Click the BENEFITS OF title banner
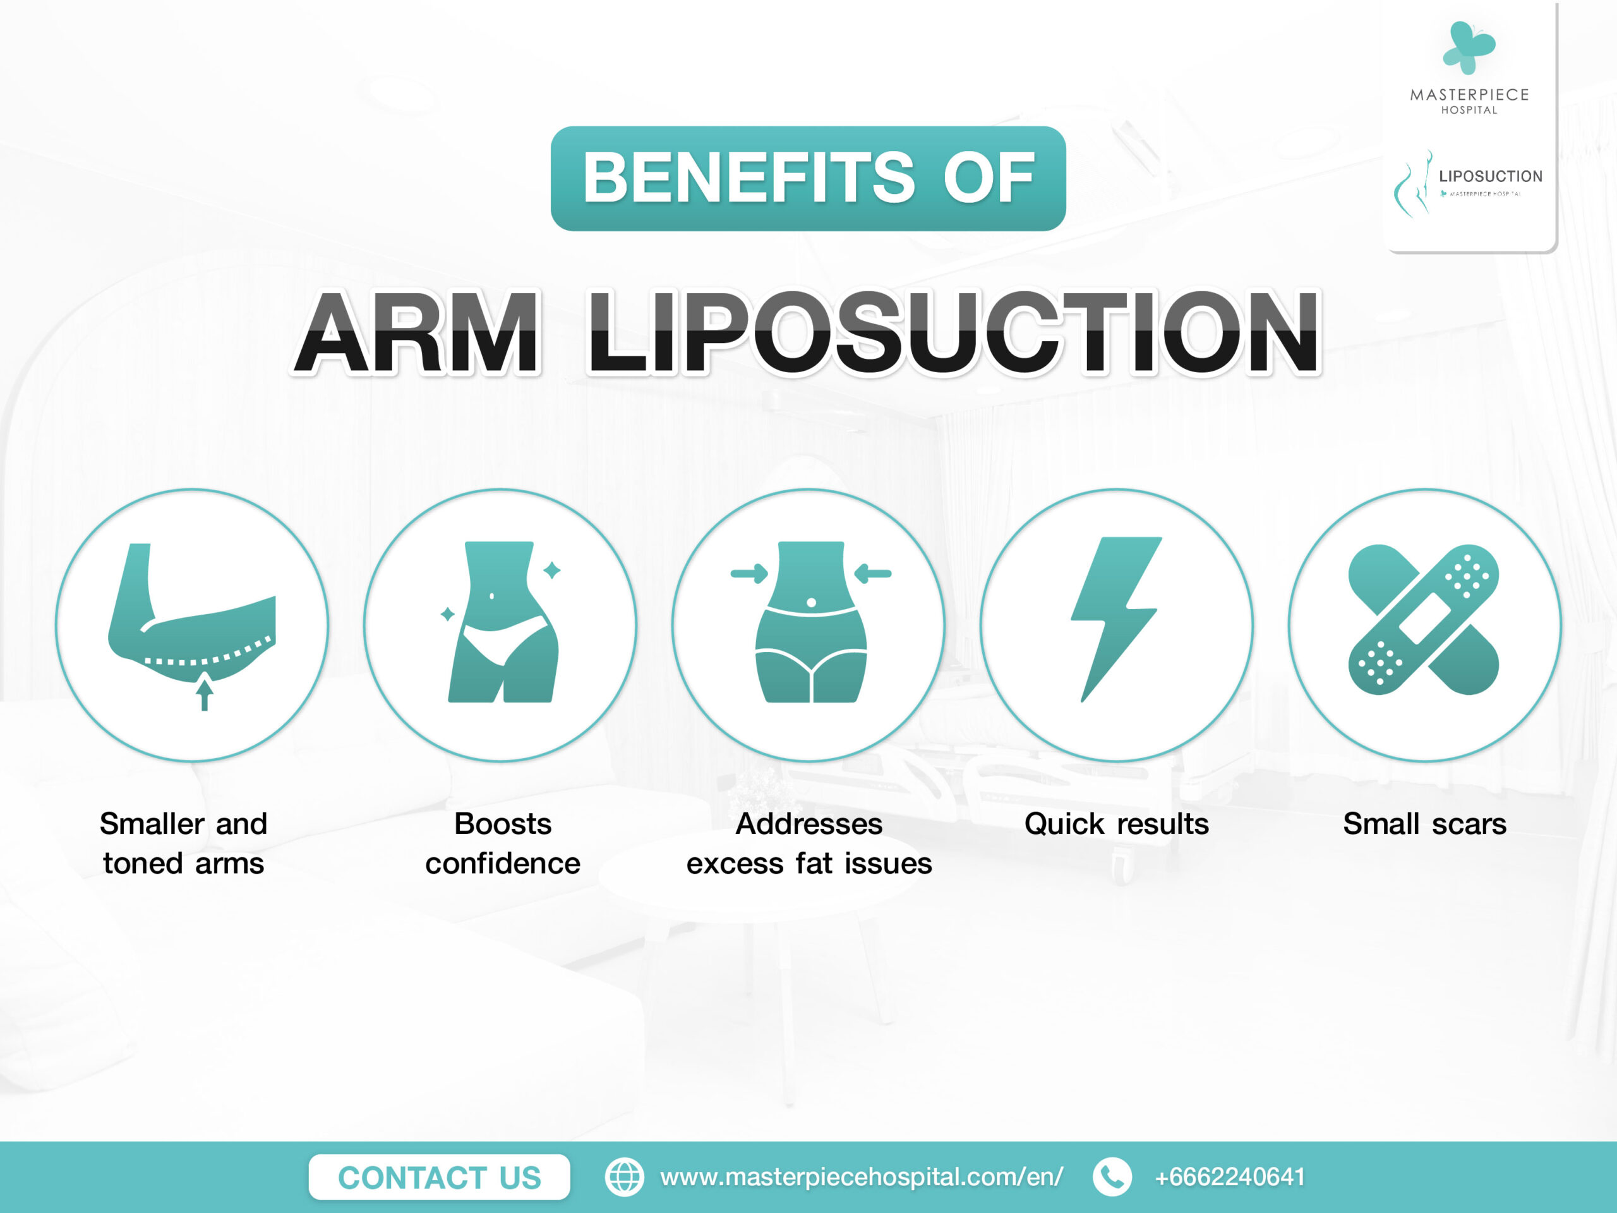[808, 178]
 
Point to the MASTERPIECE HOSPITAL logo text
[1469, 101]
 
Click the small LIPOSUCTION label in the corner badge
[1491, 176]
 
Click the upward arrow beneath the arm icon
[205, 694]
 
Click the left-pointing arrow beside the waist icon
[873, 574]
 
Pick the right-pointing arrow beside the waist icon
[749, 574]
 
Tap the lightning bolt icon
[1116, 619]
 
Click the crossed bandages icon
[1424, 619]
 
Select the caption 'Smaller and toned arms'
[183, 843]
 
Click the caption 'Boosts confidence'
[503, 843]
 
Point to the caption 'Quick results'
[1116, 824]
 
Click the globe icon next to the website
[624, 1177]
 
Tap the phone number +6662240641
[1230, 1177]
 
